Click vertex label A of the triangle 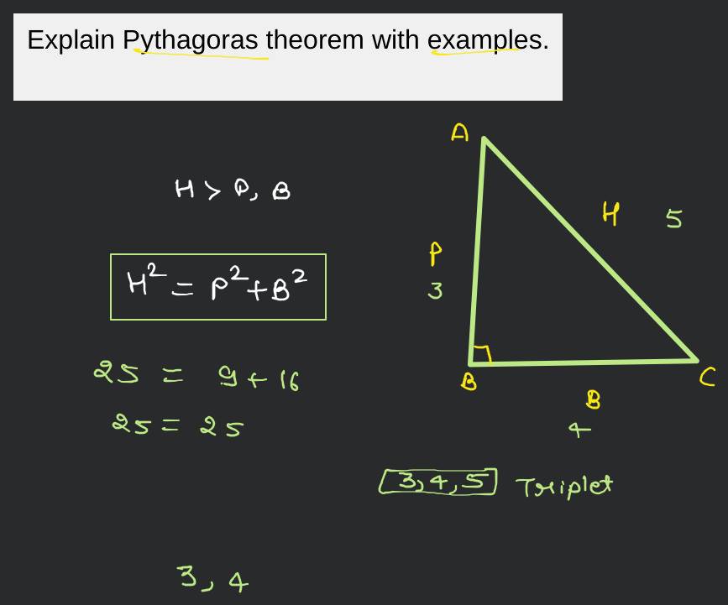[x=459, y=133]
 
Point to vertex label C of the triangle [x=707, y=379]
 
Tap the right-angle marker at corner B [x=481, y=355]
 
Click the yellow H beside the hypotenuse [x=610, y=215]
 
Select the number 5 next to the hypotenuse [x=673, y=219]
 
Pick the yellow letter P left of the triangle [x=435, y=253]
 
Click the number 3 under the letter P [x=435, y=291]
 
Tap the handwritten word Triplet [x=563, y=486]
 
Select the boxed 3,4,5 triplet [x=437, y=482]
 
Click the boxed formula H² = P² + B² [x=217, y=287]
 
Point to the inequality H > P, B [x=233, y=190]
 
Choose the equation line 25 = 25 [x=178, y=426]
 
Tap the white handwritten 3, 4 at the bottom [x=212, y=579]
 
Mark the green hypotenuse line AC [x=590, y=249]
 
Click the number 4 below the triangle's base [x=579, y=430]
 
